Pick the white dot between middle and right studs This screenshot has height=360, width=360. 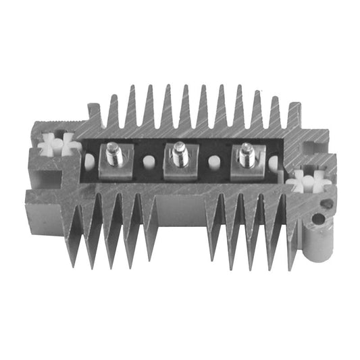[x=214, y=162]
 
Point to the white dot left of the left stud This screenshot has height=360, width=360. [x=89, y=161]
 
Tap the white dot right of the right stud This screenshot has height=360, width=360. [x=274, y=163]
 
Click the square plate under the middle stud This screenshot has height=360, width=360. [x=179, y=169]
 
